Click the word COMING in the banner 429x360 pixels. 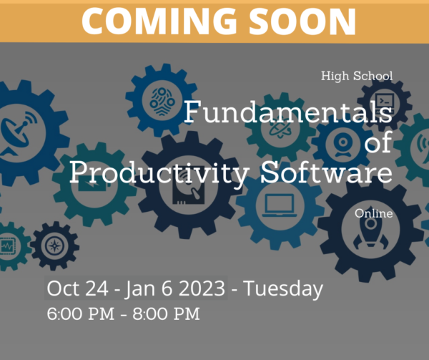coord(159,21)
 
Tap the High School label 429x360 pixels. coord(357,76)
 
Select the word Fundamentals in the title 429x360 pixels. coord(288,112)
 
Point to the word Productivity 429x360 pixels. coord(159,173)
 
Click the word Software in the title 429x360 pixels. coord(327,172)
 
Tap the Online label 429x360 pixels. coord(374,213)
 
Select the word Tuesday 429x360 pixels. coord(283,289)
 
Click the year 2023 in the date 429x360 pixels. coord(202,288)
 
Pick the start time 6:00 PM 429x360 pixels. coord(81,313)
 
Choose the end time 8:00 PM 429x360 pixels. coord(167,313)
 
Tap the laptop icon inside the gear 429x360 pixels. coord(280,205)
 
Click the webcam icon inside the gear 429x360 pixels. coord(342,145)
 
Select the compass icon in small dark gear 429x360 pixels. coord(55,245)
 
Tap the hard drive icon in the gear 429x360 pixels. coord(189,189)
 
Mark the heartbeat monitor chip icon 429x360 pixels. coord(6,246)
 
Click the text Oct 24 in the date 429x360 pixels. coord(77,288)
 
